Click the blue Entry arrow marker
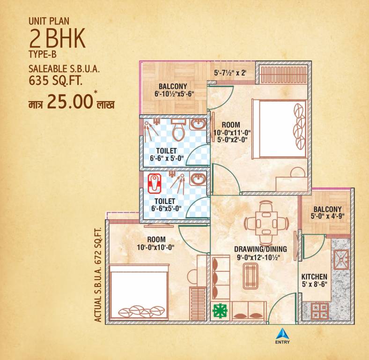click(282, 333)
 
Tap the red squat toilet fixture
click(154, 183)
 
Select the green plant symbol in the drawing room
click(220, 311)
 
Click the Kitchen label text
click(314, 277)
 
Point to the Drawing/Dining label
click(260, 249)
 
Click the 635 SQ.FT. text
click(55, 81)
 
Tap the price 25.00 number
click(70, 102)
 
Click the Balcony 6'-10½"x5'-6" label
click(174, 90)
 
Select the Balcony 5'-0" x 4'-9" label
click(327, 212)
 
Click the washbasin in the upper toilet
click(198, 124)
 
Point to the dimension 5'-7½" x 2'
click(230, 73)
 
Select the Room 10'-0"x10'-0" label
click(156, 243)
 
